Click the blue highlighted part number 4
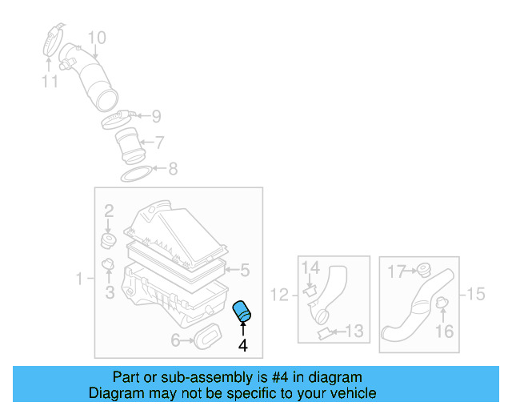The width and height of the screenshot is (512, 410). coord(242,312)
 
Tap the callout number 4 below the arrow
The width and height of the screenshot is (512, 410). coord(242,346)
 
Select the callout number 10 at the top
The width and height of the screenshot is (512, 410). coord(96,37)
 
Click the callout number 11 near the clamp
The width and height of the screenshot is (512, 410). coord(50,80)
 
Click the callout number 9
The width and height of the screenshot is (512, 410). coord(156,115)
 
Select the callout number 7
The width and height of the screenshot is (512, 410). coord(159,143)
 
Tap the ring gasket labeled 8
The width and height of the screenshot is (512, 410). coord(136,171)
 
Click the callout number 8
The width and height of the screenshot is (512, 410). coord(172,169)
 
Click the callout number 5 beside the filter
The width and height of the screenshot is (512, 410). coord(245,270)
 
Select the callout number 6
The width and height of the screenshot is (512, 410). coord(175,341)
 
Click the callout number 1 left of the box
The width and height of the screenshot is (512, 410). coord(80,279)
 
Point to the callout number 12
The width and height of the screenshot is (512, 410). coord(278,295)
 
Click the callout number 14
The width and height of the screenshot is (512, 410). coord(310,267)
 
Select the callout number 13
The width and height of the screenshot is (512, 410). coord(354,330)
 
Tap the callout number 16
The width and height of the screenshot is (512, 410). coord(444,331)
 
